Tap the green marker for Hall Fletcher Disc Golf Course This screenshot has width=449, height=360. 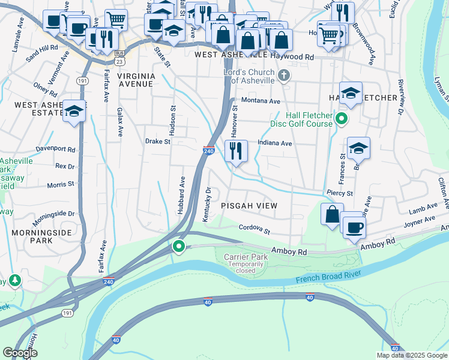click(x=342, y=119)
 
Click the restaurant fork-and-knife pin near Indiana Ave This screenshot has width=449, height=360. click(x=236, y=151)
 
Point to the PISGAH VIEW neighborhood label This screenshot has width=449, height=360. click(x=249, y=206)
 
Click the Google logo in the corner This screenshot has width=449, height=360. click(x=20, y=353)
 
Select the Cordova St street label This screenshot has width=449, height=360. click(x=255, y=229)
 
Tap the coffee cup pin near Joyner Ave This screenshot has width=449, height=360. click(x=352, y=226)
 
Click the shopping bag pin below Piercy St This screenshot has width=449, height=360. click(x=332, y=214)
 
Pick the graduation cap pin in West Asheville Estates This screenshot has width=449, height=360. click(x=74, y=111)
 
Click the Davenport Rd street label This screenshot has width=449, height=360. click(x=56, y=149)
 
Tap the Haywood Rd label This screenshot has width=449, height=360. click(x=292, y=56)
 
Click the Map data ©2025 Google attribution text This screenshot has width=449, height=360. click(x=411, y=355)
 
